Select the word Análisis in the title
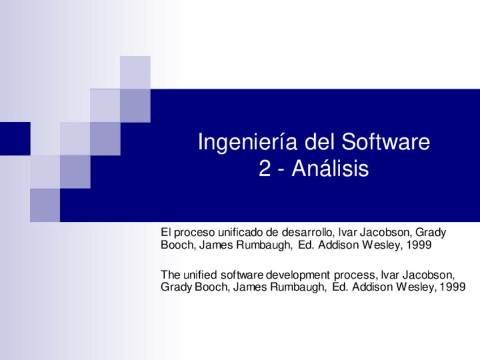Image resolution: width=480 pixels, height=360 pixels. tap(330, 169)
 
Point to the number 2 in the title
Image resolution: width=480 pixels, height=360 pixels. tap(264, 169)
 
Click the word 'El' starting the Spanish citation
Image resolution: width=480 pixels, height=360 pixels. tap(166, 233)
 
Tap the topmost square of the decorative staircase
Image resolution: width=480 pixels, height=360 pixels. tap(135, 72)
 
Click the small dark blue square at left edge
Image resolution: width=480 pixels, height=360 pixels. tap(15, 138)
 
